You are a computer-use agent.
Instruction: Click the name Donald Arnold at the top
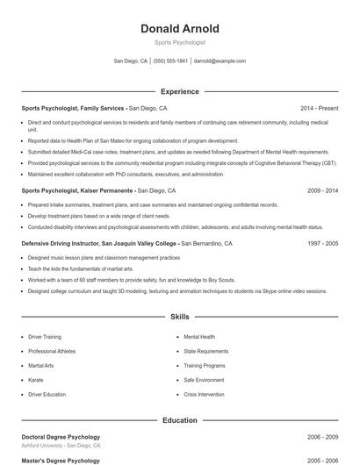pyautogui.click(x=179, y=29)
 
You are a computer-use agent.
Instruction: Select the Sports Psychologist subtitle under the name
pyautogui.click(x=179, y=42)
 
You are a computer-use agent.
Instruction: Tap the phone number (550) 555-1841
pyautogui.click(x=170, y=61)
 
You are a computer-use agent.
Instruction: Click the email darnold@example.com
pyautogui.click(x=220, y=61)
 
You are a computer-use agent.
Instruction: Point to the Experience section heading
pyautogui.click(x=179, y=91)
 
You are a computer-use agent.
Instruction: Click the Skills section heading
pyautogui.click(x=179, y=316)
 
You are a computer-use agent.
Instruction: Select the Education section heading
pyautogui.click(x=179, y=420)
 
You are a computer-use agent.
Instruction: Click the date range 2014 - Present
pyautogui.click(x=319, y=108)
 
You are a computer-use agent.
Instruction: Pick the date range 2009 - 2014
pyautogui.click(x=322, y=190)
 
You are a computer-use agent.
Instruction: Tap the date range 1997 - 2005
pyautogui.click(x=322, y=243)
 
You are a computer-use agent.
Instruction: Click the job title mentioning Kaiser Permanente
pyautogui.click(x=78, y=190)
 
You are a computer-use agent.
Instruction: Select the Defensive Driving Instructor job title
pyautogui.click(x=98, y=243)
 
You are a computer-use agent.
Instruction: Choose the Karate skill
pyautogui.click(x=36, y=380)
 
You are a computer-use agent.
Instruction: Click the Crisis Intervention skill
pyautogui.click(x=205, y=395)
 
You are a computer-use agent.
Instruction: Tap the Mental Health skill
pyautogui.click(x=199, y=336)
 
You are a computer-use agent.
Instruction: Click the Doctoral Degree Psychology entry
pyautogui.click(x=61, y=436)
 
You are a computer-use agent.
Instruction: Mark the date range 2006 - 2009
pyautogui.click(x=322, y=436)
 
